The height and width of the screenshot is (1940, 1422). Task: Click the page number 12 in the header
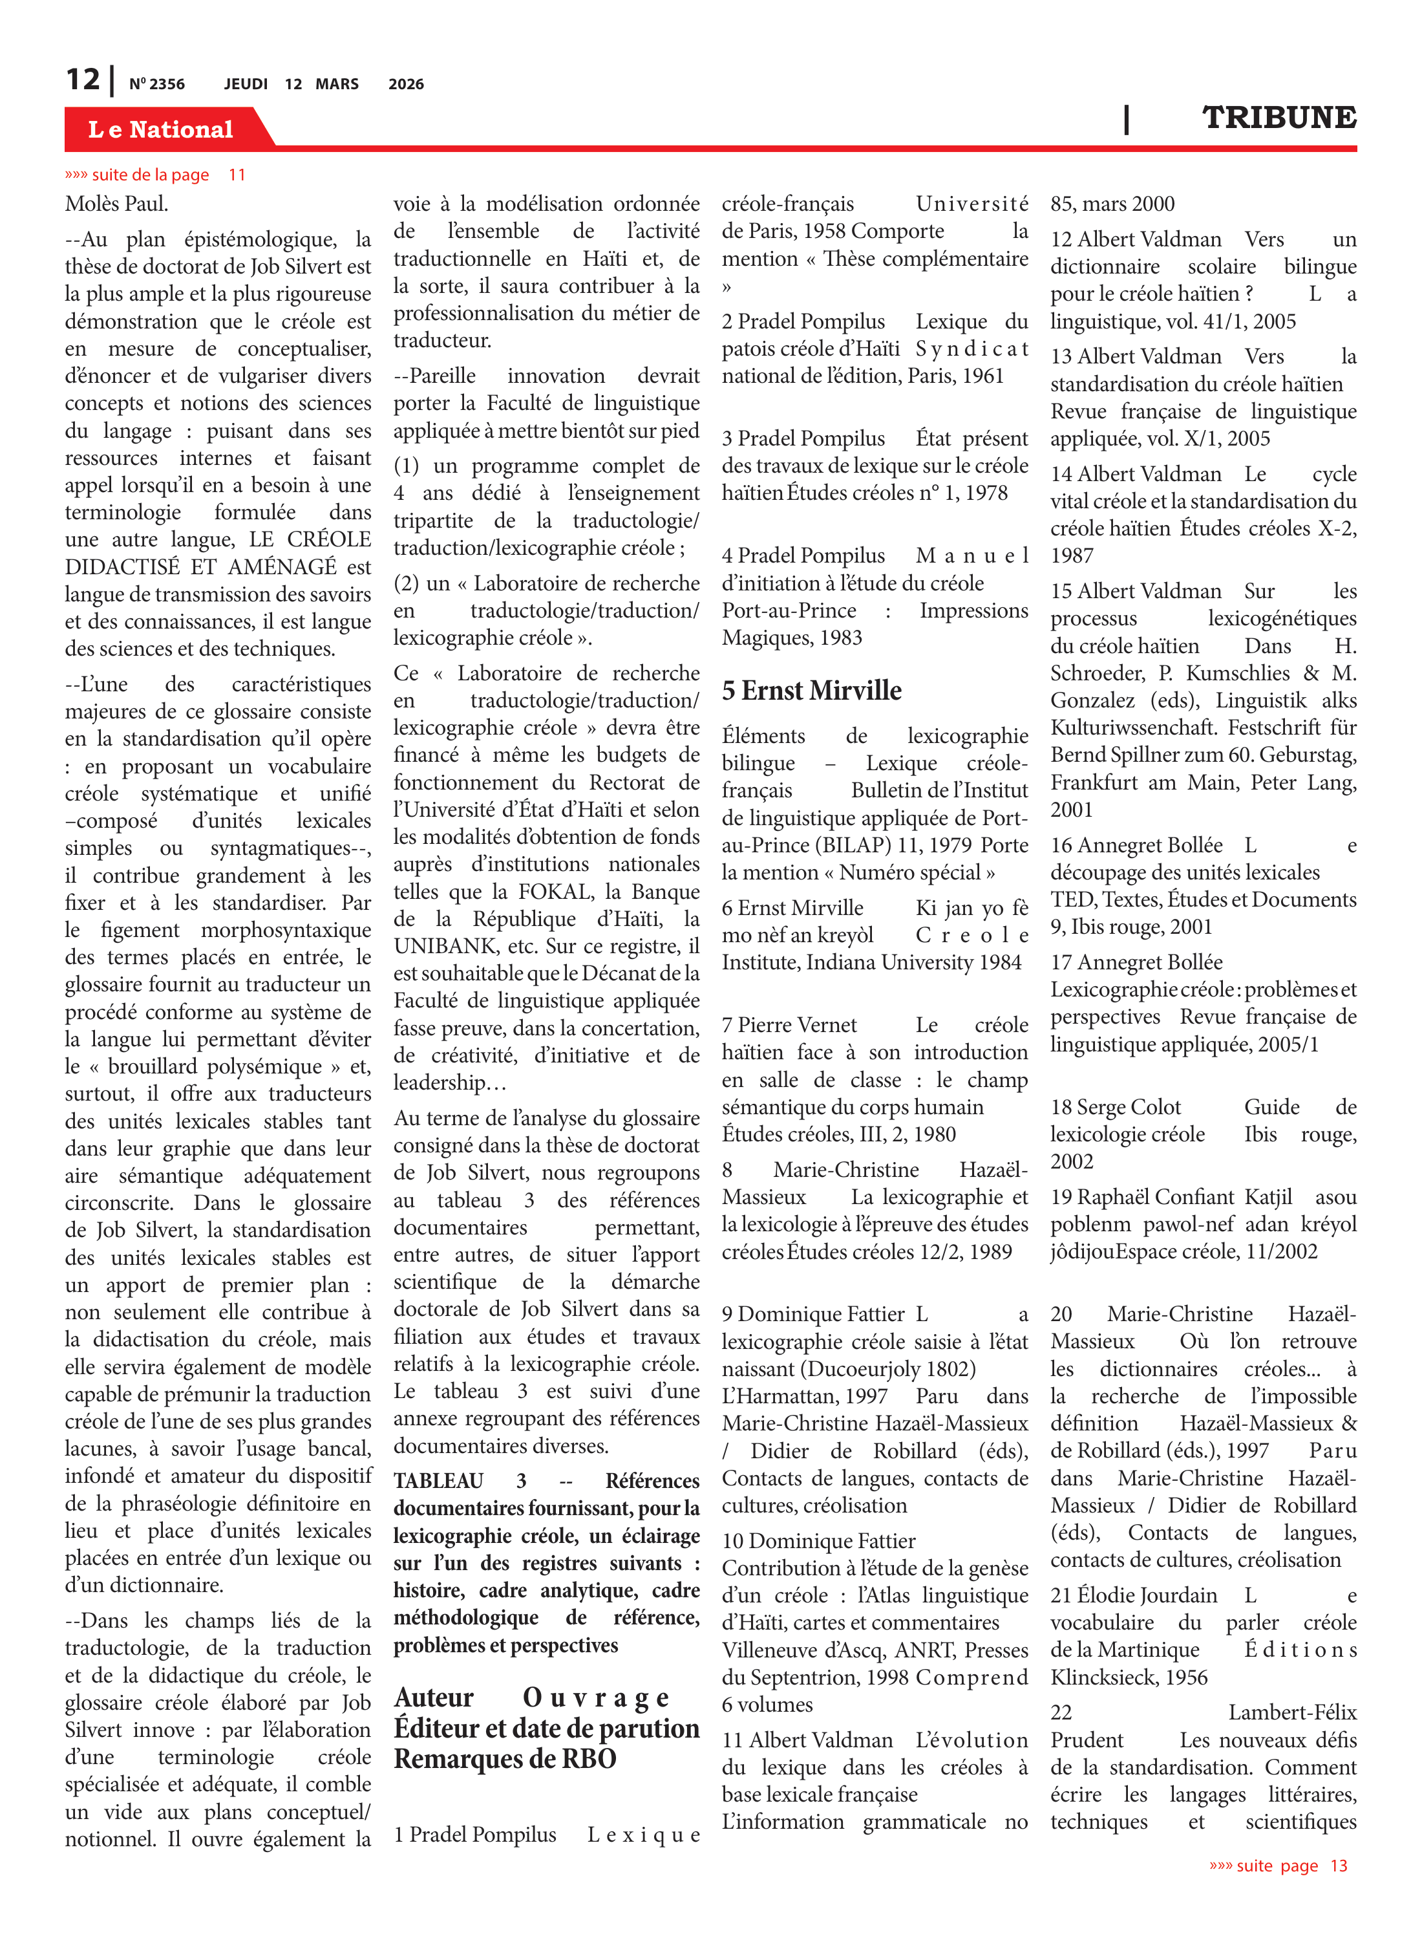[83, 80]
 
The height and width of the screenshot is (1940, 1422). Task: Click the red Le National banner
[161, 129]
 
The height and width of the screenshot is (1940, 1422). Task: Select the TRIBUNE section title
[1279, 118]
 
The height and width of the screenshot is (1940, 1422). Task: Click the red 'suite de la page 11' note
[155, 175]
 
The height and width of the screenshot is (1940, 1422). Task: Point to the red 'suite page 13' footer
[1279, 1865]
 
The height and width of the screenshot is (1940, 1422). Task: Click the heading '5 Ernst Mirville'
[812, 691]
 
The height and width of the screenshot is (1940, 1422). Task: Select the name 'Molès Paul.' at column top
[116, 204]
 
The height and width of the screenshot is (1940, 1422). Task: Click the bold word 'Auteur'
[434, 1697]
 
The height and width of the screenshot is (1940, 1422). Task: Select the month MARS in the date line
[337, 84]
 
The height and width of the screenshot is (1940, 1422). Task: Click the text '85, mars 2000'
[1112, 204]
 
